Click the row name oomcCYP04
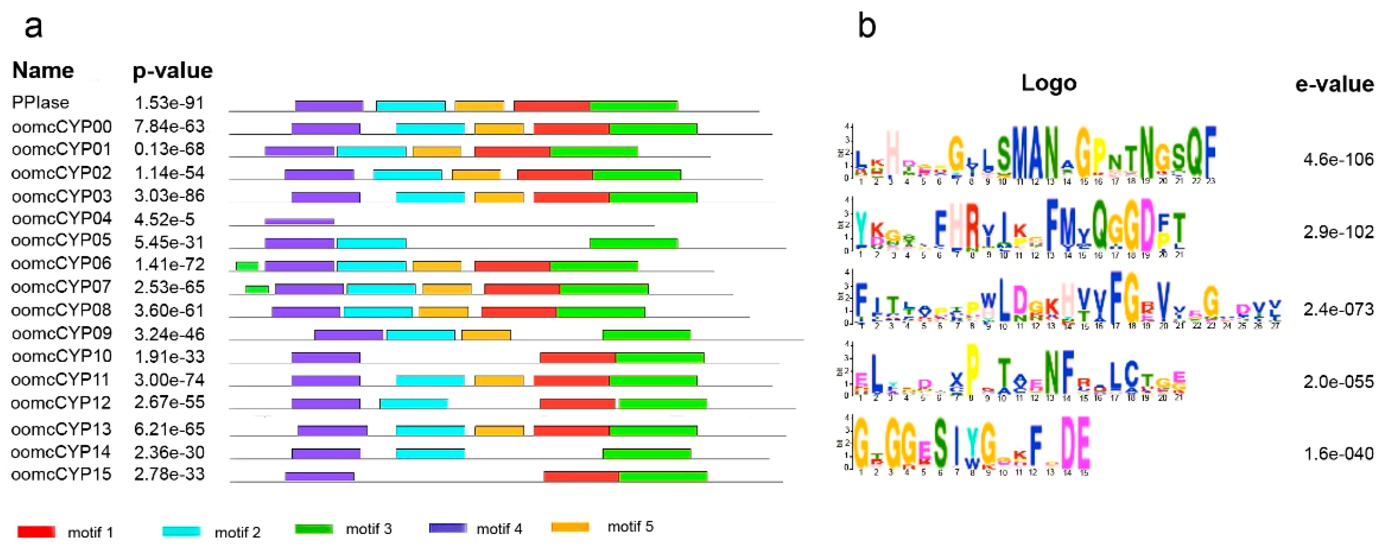click(61, 218)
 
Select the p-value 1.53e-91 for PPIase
click(169, 103)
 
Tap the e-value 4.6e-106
click(1338, 160)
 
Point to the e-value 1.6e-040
click(1338, 454)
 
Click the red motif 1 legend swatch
click(36, 531)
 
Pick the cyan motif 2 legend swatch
click(181, 531)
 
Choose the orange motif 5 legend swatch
click(570, 526)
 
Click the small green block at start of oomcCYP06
click(247, 266)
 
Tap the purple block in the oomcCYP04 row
click(299, 221)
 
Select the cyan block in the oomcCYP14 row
click(430, 453)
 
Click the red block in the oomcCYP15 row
click(581, 476)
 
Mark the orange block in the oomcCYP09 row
click(486, 334)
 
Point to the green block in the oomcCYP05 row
click(634, 243)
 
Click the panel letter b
click(867, 26)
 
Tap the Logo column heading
click(1049, 83)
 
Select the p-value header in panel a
click(172, 71)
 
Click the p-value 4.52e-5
click(164, 219)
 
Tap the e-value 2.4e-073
click(1338, 310)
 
